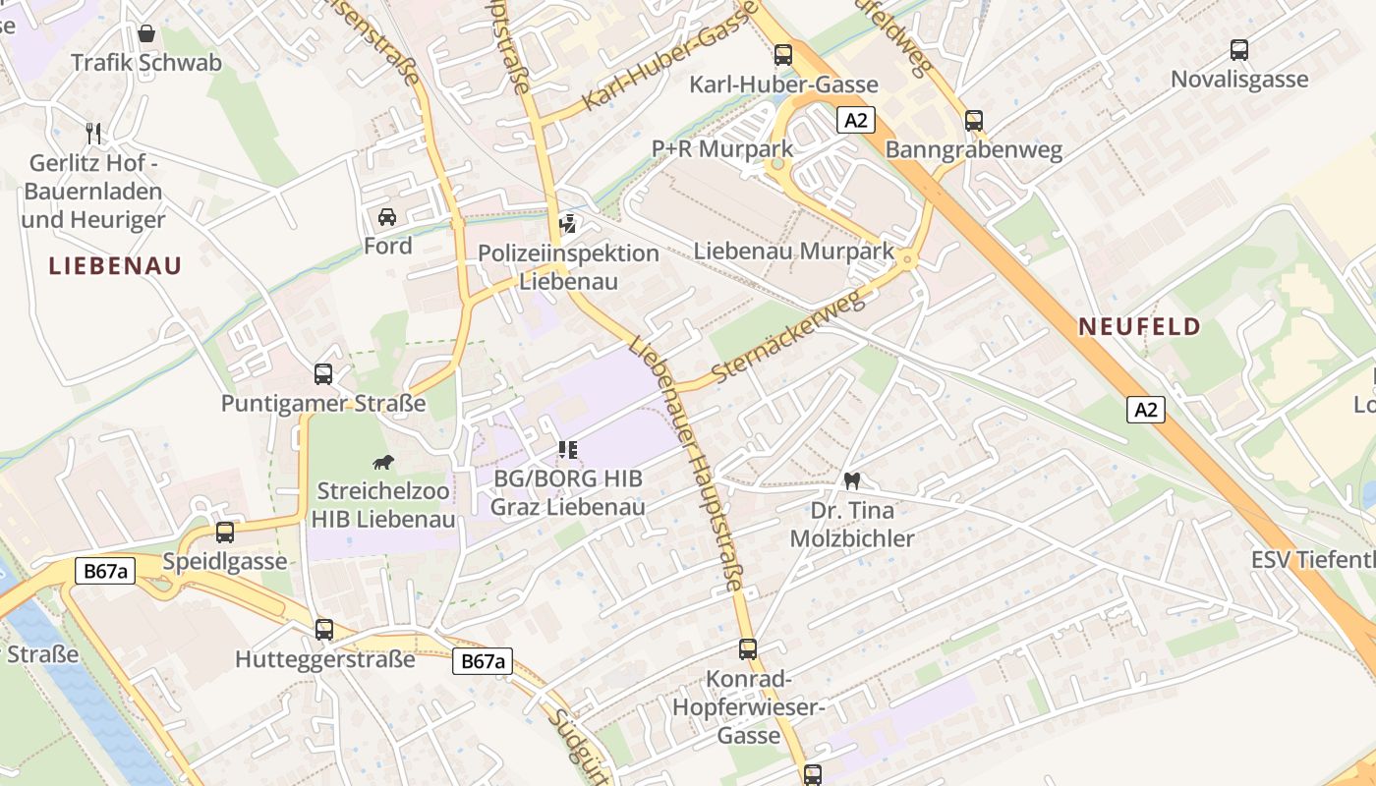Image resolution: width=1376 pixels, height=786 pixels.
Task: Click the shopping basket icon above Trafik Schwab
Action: click(x=146, y=34)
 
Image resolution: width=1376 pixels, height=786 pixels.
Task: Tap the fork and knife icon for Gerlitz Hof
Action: click(x=94, y=133)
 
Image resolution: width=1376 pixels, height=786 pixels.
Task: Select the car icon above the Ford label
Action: click(x=387, y=216)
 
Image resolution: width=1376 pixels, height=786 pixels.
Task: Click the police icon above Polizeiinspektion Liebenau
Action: click(x=567, y=224)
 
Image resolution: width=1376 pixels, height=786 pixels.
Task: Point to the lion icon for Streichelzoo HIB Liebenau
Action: click(x=383, y=462)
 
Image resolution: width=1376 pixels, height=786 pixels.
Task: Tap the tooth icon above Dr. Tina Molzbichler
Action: click(x=852, y=481)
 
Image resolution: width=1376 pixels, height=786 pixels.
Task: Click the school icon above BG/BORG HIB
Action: click(x=567, y=450)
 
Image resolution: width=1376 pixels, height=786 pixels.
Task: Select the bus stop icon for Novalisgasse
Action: click(x=1239, y=49)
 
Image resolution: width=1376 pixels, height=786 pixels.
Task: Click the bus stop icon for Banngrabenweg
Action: click(x=973, y=121)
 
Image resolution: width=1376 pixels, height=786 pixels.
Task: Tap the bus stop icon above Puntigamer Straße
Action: click(x=323, y=374)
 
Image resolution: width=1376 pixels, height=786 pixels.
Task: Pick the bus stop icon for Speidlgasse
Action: click(x=225, y=533)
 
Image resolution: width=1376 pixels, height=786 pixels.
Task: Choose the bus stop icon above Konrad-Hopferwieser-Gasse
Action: click(x=748, y=649)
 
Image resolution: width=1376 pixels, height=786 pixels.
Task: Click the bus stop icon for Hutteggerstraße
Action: click(x=324, y=630)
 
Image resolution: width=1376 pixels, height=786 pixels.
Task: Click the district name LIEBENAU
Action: click(x=115, y=266)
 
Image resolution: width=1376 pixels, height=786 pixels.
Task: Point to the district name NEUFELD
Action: click(x=1139, y=327)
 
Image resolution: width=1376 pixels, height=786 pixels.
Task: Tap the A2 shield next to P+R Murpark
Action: click(x=856, y=120)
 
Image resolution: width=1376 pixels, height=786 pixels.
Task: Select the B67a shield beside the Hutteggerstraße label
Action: click(x=483, y=661)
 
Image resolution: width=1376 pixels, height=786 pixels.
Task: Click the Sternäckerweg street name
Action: click(x=789, y=337)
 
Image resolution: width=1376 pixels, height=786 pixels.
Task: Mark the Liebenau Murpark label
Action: click(x=794, y=251)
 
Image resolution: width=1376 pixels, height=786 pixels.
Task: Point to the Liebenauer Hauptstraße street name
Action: click(x=688, y=462)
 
